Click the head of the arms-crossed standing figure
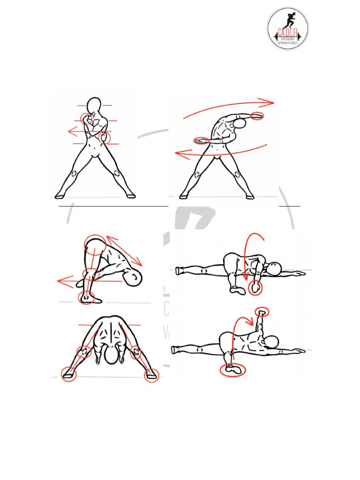94,105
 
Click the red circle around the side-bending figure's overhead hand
257,116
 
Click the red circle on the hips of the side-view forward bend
95,244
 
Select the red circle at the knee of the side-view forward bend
90,274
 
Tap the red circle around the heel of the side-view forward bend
86,297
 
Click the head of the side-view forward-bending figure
134,278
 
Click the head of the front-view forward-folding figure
112,355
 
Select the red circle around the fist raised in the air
262,312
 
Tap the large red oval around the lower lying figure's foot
233,370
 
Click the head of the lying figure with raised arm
272,342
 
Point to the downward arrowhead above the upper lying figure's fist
245,281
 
